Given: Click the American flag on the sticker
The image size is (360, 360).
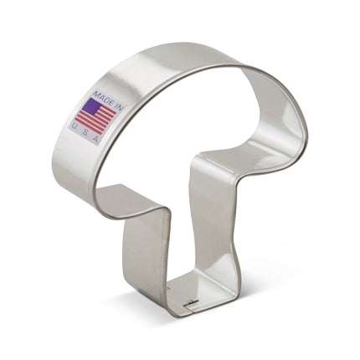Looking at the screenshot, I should (x=95, y=115).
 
